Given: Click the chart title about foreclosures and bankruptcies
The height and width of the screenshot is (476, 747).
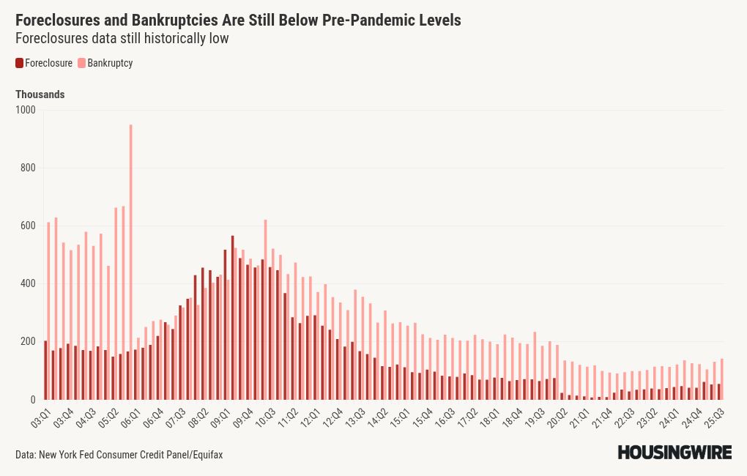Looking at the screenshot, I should pos(238,20).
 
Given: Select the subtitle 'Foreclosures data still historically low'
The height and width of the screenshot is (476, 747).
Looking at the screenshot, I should pos(122,39).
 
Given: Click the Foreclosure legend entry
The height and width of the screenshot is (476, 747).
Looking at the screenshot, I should pos(44,63).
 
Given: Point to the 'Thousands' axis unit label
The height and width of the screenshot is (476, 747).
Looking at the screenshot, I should pos(40,94).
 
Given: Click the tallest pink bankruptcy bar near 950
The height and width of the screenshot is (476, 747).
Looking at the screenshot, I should pos(130,264).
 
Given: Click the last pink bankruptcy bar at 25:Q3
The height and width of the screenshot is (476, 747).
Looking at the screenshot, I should pos(722,379).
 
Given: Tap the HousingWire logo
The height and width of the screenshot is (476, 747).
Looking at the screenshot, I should pos(674,453).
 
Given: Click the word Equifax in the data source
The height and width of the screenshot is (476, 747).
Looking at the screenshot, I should pos(206,455).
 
